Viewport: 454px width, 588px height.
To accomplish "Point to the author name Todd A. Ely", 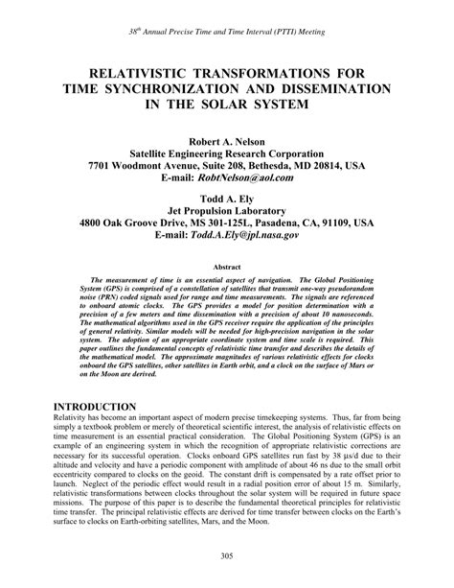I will click(x=226, y=193).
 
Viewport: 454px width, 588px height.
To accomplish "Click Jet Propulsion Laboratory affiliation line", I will click(x=226, y=206).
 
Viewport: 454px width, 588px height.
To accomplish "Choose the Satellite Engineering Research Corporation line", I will click(x=226, y=151).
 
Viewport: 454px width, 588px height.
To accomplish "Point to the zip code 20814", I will click(x=325, y=165).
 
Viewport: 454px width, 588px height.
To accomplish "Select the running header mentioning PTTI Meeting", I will click(x=227, y=32).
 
